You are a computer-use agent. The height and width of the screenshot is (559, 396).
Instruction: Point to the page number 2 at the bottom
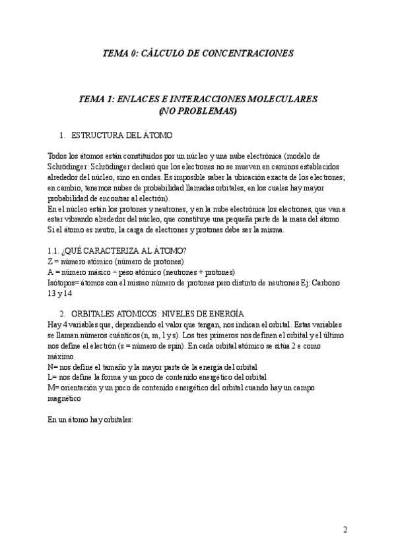[345, 529]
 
